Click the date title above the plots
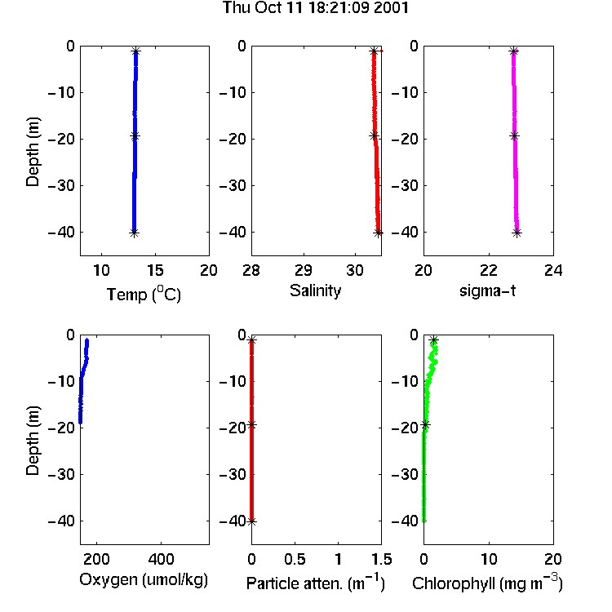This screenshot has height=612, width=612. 315,7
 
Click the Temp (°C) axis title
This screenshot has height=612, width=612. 144,294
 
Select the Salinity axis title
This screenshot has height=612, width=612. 315,290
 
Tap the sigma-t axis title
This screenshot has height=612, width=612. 487,290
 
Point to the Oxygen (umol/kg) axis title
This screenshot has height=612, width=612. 144,579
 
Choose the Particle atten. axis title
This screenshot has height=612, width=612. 315,583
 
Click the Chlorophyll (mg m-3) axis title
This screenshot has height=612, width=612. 487,583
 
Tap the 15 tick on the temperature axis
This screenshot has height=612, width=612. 155,270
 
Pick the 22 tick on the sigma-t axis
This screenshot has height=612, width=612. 488,270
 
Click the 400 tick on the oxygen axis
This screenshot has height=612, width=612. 162,559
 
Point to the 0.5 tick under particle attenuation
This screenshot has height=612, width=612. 295,559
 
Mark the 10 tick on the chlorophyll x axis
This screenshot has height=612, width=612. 489,559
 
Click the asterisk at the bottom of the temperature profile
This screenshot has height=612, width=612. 135,233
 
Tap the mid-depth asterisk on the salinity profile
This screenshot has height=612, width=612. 375,135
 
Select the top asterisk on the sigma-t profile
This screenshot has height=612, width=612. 513,51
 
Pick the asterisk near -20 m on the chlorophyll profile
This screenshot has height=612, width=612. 425,424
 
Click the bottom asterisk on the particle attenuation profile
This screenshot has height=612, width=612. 252,521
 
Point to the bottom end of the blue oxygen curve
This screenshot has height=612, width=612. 80,423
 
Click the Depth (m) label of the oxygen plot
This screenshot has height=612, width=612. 33,441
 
